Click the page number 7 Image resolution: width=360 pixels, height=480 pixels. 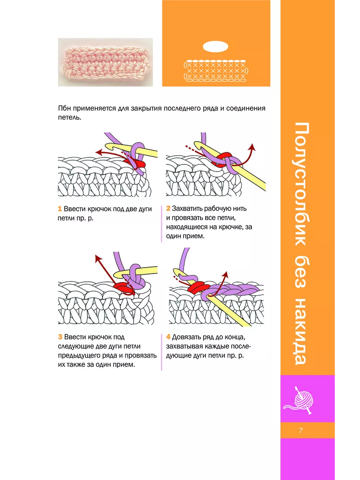click(x=300, y=430)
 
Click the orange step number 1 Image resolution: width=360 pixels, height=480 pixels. click(x=60, y=209)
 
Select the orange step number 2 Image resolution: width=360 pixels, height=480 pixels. click(x=168, y=208)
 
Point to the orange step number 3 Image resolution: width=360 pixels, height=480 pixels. click(x=60, y=337)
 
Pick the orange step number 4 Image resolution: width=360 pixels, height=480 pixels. click(x=168, y=337)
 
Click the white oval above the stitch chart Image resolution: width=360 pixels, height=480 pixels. click(x=215, y=46)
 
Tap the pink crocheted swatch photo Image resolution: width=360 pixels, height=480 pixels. click(x=105, y=62)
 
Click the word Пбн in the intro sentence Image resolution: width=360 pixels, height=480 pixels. click(x=64, y=108)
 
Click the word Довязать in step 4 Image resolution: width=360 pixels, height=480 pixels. click(x=186, y=337)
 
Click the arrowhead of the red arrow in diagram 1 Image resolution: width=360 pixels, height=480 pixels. click(x=98, y=152)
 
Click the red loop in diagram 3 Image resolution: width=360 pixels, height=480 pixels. click(x=124, y=288)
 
